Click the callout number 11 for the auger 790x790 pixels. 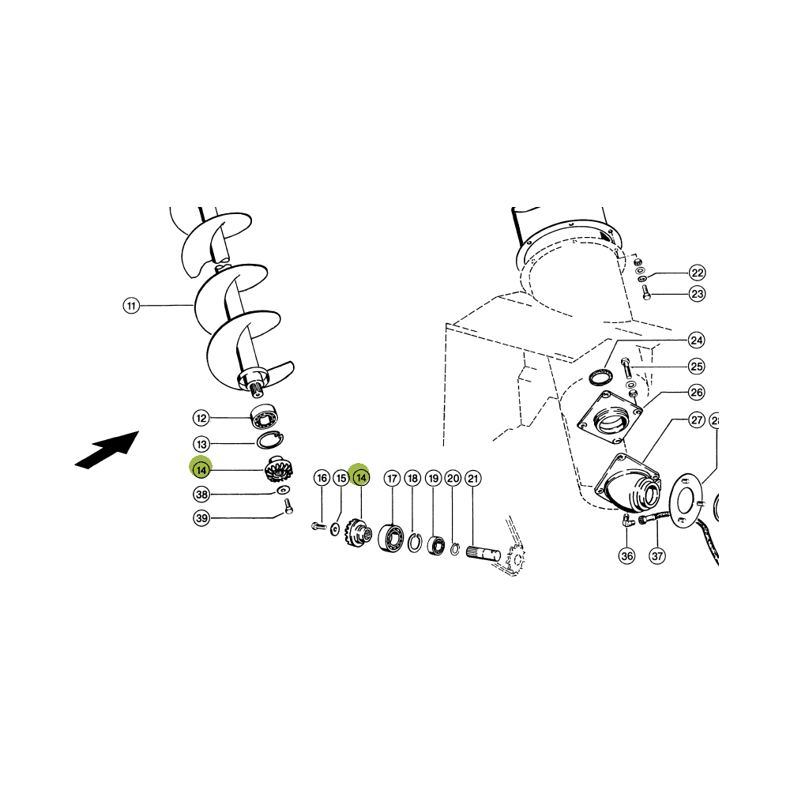(x=131, y=306)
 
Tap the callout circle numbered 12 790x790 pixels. (x=201, y=418)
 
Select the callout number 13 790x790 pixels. (x=201, y=444)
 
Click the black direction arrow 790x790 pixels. (x=107, y=450)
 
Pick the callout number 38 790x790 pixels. (x=201, y=495)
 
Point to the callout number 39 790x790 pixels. (x=201, y=518)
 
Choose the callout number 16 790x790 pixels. (x=322, y=478)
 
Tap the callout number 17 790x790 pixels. (x=392, y=478)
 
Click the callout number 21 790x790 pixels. (x=472, y=478)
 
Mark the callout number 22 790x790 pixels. (x=697, y=273)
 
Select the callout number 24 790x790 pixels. (x=696, y=340)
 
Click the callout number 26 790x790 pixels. (x=696, y=392)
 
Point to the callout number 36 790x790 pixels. (x=626, y=555)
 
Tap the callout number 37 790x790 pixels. (x=657, y=555)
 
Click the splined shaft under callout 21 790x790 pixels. (x=483, y=554)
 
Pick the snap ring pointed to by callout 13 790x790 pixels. (x=270, y=440)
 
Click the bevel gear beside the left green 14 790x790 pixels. (x=279, y=468)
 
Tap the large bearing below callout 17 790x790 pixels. (x=391, y=537)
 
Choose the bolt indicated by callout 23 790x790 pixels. (x=646, y=292)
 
